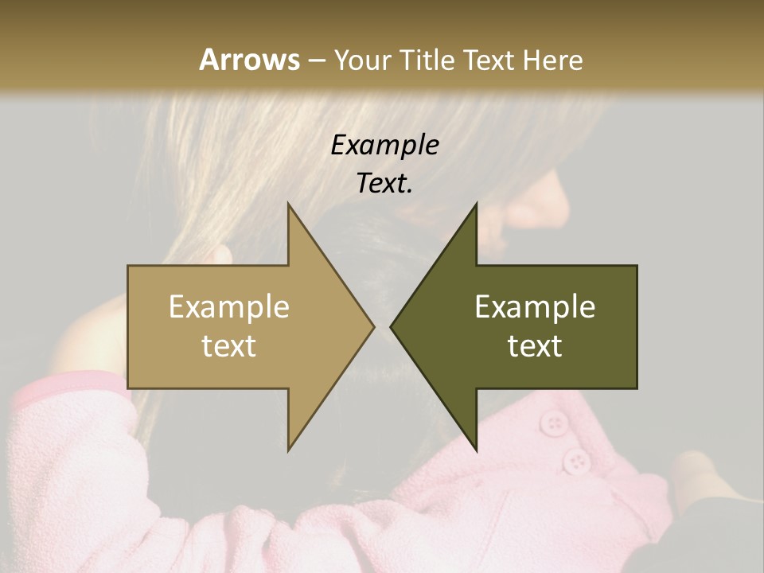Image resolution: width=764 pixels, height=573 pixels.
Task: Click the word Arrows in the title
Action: coord(249,60)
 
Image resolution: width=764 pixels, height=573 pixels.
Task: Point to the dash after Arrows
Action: coord(316,60)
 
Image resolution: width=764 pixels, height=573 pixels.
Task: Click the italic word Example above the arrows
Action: coord(384,145)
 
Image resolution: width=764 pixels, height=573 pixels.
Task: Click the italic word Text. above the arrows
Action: coord(384,184)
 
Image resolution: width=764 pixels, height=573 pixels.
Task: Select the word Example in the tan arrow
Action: coord(228,307)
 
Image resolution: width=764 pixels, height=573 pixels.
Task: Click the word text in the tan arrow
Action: coord(228,346)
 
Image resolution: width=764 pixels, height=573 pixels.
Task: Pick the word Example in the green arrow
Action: coord(535,307)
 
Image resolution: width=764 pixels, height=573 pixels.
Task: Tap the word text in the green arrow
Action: coord(535,346)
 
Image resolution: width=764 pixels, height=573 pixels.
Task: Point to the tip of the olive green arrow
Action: coord(392,326)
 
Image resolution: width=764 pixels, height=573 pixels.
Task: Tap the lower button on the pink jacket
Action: coord(576,460)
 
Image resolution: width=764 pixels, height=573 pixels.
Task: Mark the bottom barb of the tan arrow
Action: coord(290,446)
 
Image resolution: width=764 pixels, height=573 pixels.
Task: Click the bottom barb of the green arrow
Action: coord(474,446)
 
